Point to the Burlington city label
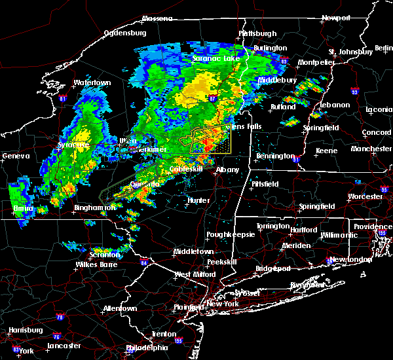(271, 48)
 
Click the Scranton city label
(105, 254)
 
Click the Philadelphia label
(165, 348)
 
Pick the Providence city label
(373, 226)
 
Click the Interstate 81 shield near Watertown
(63, 99)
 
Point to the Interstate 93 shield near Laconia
(354, 91)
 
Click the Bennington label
(275, 156)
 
